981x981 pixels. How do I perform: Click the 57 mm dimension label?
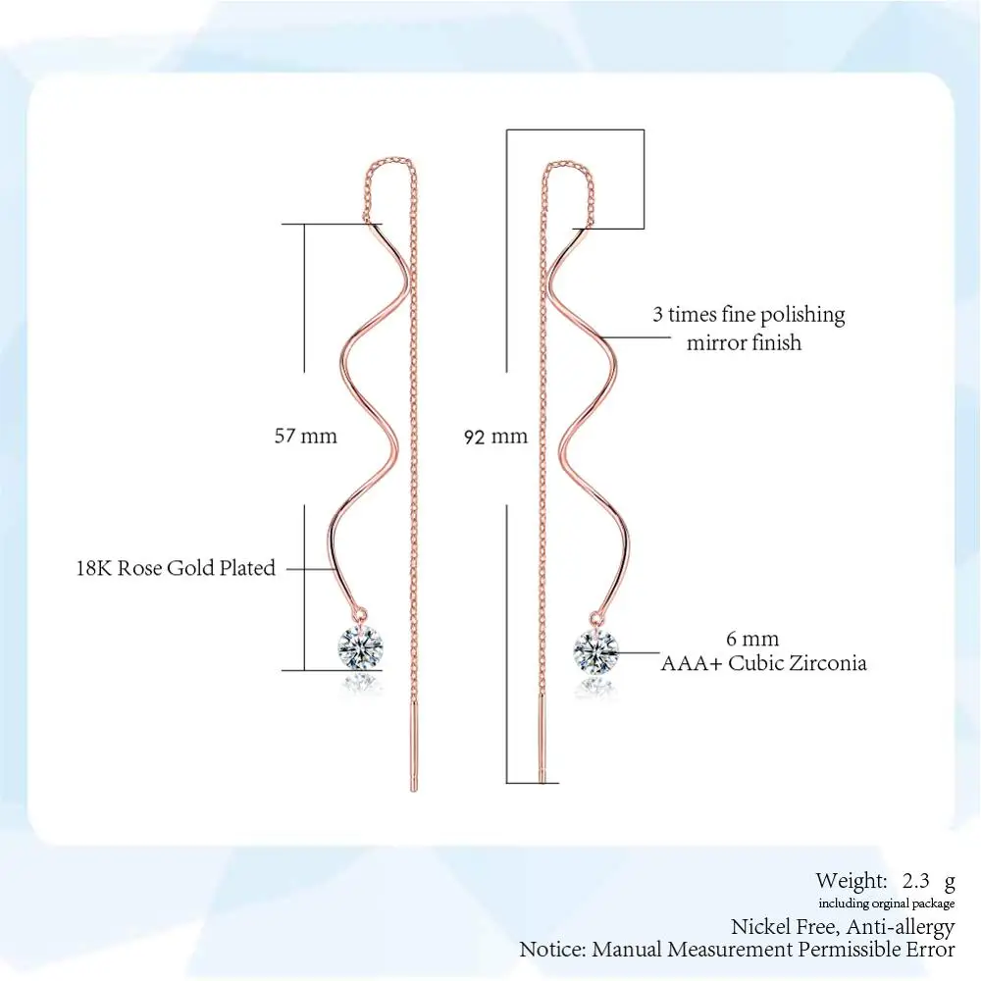pos(305,436)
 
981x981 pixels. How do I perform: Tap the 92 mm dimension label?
pos(495,437)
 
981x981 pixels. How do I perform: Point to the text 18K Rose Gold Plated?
pos(176,568)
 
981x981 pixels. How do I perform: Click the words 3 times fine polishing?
pos(749,315)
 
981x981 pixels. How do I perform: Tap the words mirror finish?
pos(744,342)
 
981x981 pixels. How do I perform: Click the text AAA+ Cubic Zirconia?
pos(763,663)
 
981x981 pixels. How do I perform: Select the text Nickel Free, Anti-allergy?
pos(843,926)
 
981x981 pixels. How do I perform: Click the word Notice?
pos(552,950)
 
